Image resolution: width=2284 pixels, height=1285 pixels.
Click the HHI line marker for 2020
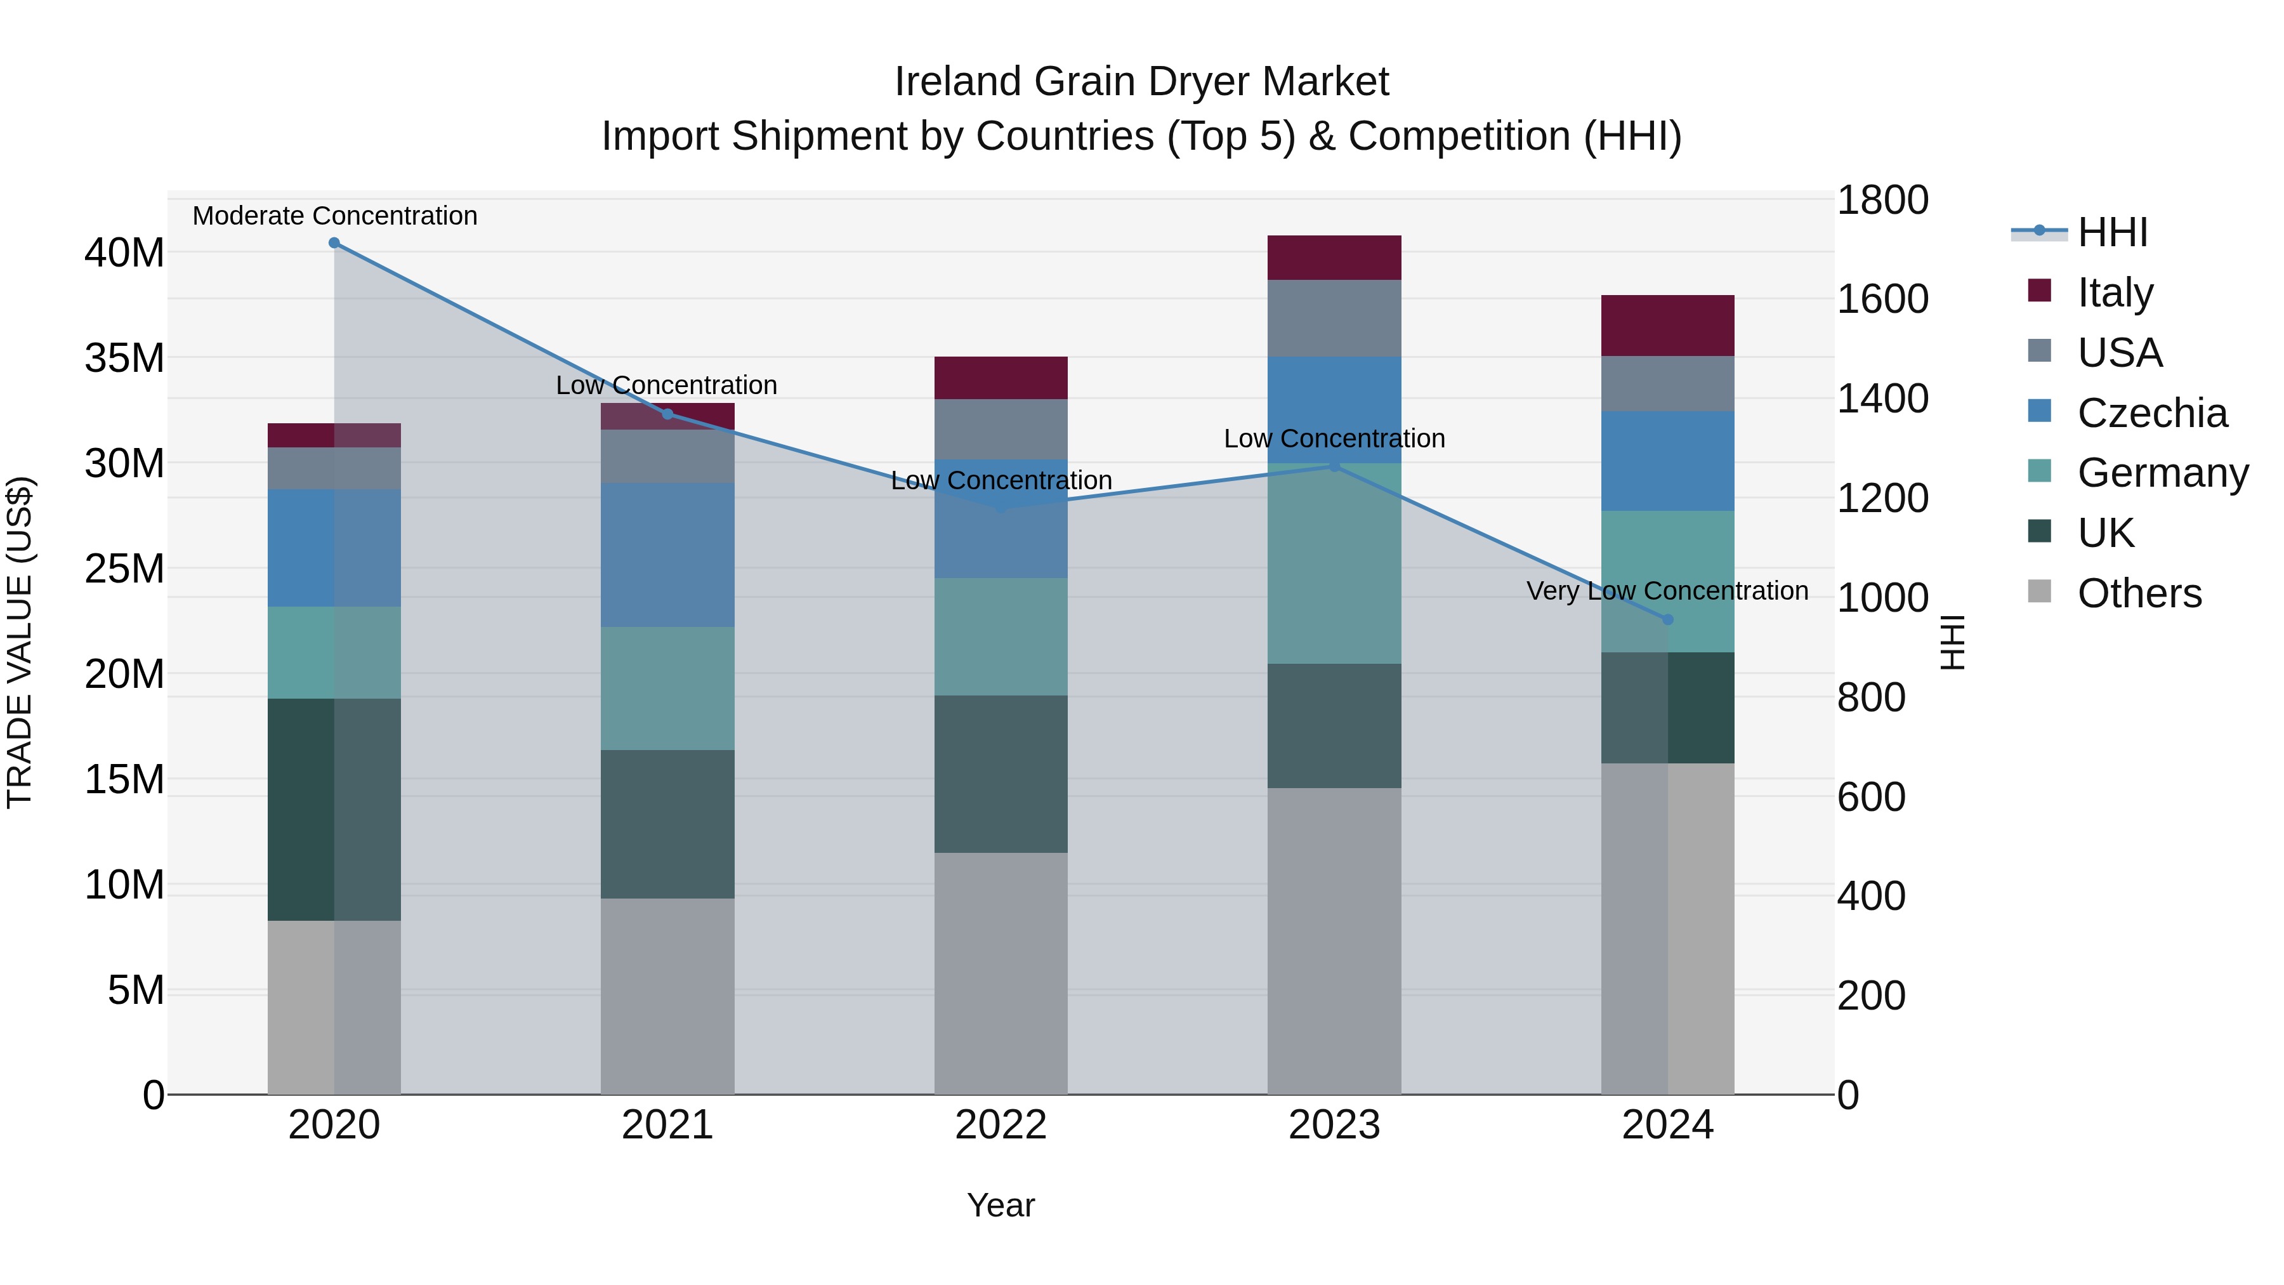(334, 243)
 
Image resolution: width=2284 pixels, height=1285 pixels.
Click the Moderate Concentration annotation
(334, 216)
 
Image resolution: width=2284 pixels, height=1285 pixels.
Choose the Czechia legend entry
(2151, 413)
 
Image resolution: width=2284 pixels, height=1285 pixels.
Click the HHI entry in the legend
(2111, 232)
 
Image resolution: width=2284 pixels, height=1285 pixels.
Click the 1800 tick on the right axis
(1882, 201)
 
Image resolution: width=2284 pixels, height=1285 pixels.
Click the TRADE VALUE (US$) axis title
(20, 642)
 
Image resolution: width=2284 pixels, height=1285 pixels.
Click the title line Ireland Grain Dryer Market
(1141, 82)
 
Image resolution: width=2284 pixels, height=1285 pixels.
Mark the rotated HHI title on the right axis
(1952, 642)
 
